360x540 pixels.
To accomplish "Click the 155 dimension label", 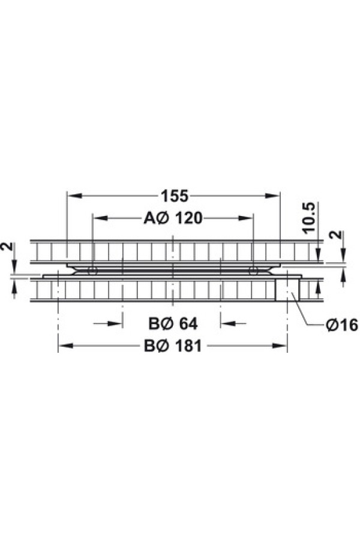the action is [x=175, y=196].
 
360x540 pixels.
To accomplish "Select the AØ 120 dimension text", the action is [x=173, y=218].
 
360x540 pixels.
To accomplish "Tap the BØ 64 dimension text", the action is [x=173, y=324].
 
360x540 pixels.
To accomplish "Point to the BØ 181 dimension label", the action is [x=173, y=346].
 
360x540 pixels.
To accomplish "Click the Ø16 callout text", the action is [x=342, y=325].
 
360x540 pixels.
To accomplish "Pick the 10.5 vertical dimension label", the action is [x=310, y=218].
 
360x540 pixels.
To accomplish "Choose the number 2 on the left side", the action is [x=8, y=247].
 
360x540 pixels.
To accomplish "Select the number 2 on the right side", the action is [x=337, y=235].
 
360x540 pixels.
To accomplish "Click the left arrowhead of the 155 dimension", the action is [x=74, y=196].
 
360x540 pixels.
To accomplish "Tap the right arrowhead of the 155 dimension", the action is [x=272, y=196].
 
